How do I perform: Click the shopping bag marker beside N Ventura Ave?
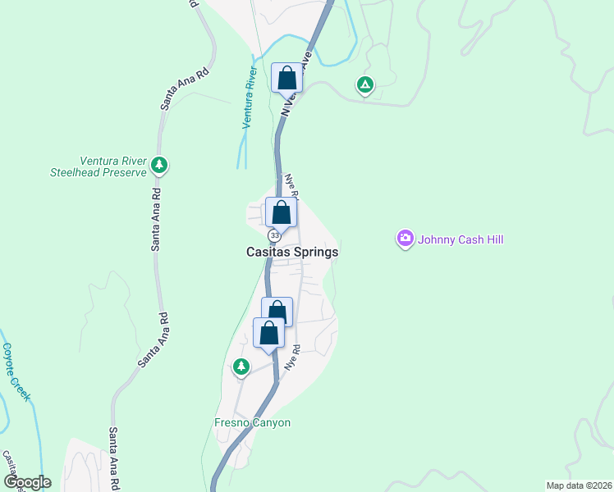(287, 79)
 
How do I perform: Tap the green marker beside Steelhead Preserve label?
(159, 166)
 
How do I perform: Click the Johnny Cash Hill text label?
(460, 239)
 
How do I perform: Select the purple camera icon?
(405, 239)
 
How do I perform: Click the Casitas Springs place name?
(292, 253)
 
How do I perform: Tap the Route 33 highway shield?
(274, 235)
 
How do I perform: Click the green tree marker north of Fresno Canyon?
(241, 367)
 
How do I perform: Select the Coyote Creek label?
(16, 371)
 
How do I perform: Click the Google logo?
(27, 482)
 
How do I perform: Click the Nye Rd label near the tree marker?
(291, 359)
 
